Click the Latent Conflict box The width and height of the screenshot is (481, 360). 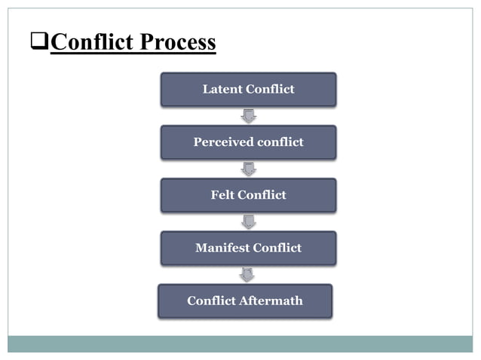[x=248, y=90]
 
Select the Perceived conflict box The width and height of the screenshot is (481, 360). [x=248, y=142]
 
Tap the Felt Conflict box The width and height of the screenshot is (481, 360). [x=248, y=195]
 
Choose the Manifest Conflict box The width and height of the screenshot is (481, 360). [x=248, y=248]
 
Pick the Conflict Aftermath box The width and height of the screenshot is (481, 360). [x=245, y=301]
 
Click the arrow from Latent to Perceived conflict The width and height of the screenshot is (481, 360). [x=248, y=116]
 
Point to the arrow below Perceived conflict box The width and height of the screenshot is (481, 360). [x=248, y=169]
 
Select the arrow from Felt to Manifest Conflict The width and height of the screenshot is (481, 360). [x=248, y=221]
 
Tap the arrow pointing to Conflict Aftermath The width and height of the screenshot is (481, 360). [x=247, y=274]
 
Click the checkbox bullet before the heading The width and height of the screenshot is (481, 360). [x=40, y=43]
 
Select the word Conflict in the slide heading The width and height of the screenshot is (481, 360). [x=90, y=43]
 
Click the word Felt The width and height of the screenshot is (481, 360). [x=223, y=195]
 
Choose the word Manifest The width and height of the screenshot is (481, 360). [x=223, y=248]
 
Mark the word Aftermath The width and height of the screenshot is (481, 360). [x=271, y=301]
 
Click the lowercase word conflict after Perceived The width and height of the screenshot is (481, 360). [x=279, y=142]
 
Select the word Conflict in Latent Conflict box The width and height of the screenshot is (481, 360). [x=271, y=90]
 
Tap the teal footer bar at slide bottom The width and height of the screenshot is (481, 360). [x=240, y=343]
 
